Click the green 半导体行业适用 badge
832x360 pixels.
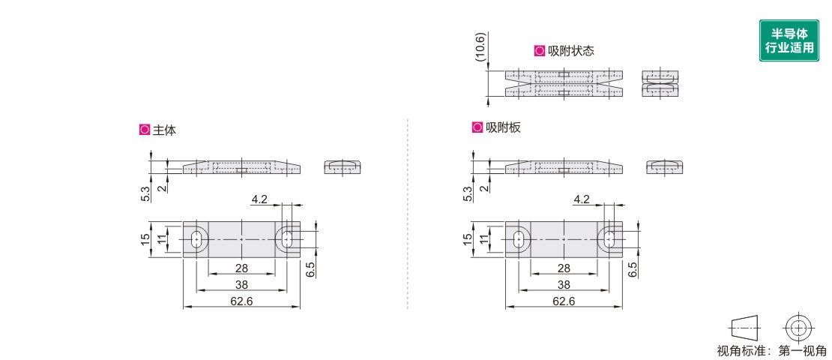tap(789, 40)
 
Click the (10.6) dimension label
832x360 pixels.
tap(480, 47)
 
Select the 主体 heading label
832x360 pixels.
tap(164, 130)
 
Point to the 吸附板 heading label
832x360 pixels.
tap(502, 127)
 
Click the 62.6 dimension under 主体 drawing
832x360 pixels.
tap(241, 301)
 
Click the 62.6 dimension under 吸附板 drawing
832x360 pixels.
tap(563, 301)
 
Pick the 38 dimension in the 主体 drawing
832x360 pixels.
tap(241, 285)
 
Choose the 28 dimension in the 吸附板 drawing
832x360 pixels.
tap(563, 268)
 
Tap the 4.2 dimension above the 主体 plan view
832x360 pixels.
tap(259, 199)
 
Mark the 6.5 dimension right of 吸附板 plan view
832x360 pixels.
tap(633, 269)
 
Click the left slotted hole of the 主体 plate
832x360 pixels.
tap(196, 239)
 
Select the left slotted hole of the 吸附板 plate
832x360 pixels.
tap(519, 239)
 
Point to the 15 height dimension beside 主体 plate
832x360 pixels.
tap(145, 239)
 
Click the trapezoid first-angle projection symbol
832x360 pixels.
tap(744, 328)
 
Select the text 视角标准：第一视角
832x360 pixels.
tap(771, 350)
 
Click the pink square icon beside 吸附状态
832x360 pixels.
tap(539, 51)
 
